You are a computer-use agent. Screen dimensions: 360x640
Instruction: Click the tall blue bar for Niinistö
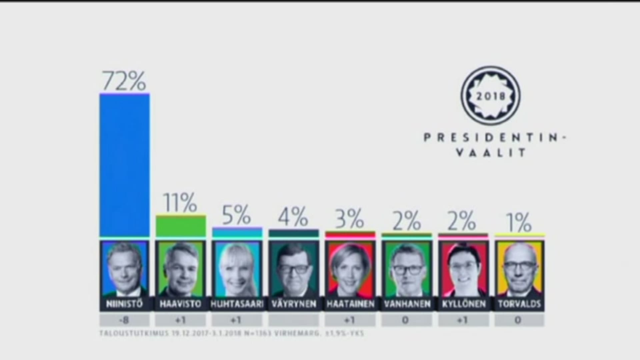[x=124, y=165]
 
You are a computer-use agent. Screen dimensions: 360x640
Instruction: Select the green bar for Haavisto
[x=180, y=226]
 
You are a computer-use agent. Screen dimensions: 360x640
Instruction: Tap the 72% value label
[x=124, y=81]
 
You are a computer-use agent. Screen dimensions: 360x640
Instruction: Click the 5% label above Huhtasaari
[x=236, y=215]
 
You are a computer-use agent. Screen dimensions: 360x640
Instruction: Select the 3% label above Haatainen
[x=349, y=219]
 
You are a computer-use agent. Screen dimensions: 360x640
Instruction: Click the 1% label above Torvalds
[x=519, y=222]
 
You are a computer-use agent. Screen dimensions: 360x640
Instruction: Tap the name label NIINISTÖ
[x=124, y=304]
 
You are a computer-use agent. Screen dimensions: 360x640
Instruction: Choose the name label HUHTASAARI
[x=237, y=304]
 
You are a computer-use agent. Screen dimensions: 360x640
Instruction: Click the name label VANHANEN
[x=407, y=304]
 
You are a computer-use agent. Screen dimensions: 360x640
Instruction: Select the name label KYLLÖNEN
[x=463, y=304]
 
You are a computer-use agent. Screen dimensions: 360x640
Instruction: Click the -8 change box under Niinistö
[x=124, y=320]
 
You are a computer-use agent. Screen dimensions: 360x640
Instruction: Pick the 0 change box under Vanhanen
[x=406, y=320]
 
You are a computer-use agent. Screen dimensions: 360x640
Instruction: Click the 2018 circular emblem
[x=490, y=96]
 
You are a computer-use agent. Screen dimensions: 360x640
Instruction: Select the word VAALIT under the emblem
[x=490, y=153]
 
